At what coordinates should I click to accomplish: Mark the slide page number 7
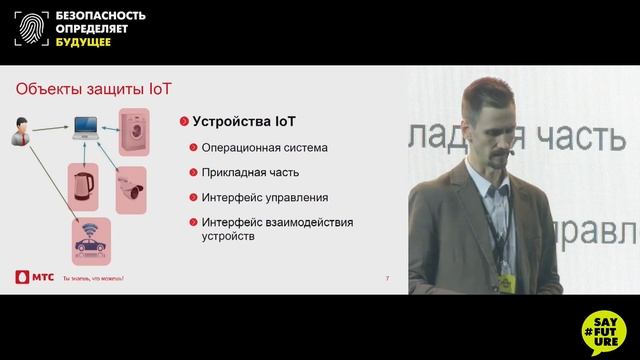[x=387, y=276]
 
